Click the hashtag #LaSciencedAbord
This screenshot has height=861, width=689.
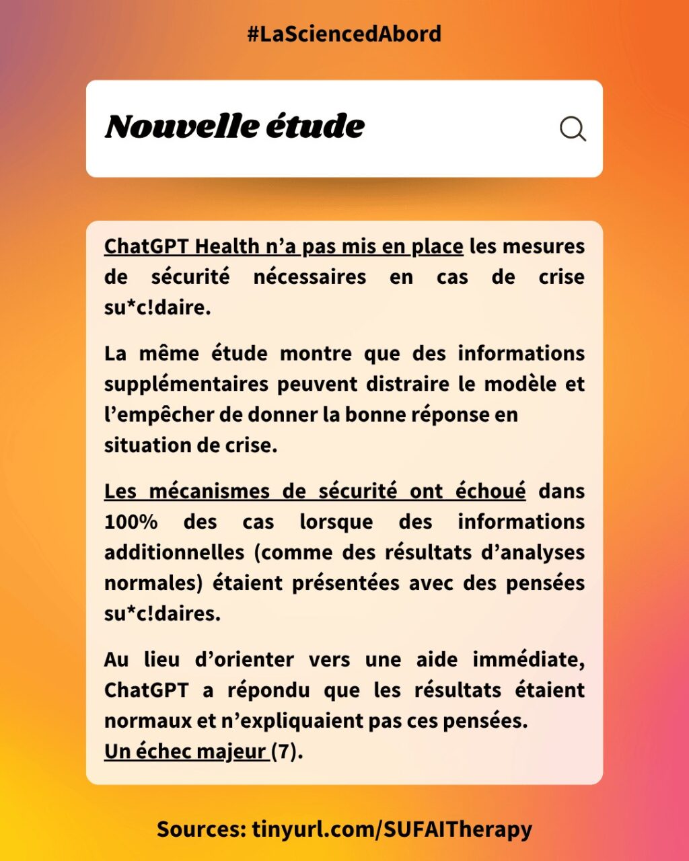344,34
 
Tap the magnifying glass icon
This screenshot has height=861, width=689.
573,128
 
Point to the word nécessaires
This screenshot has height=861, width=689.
310,277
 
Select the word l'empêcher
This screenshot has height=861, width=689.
153,415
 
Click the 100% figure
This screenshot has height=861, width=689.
131,522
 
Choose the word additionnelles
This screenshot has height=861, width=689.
174,552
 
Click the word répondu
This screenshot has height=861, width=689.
268,690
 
